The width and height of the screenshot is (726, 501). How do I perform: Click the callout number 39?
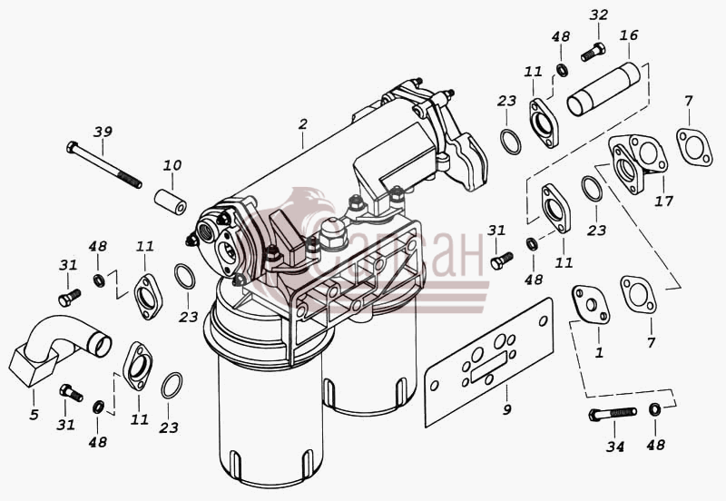[103, 132]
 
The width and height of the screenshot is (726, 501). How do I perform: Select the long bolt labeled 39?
[104, 165]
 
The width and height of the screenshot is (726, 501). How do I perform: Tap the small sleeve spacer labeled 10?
[171, 201]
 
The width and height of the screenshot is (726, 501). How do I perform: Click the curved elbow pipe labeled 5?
[59, 349]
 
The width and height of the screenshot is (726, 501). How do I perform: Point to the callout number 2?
[303, 124]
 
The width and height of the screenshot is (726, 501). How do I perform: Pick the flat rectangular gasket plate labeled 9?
[489, 361]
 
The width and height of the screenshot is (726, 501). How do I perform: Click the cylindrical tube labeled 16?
[603, 89]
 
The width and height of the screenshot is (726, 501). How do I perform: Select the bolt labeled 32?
[594, 52]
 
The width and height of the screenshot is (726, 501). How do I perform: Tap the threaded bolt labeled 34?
[613, 414]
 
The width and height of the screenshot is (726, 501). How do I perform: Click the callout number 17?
[663, 201]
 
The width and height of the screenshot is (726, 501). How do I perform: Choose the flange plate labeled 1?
[591, 304]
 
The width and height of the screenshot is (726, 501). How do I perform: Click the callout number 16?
[629, 35]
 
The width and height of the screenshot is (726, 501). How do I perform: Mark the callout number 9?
[507, 409]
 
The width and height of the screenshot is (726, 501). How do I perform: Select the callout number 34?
[615, 447]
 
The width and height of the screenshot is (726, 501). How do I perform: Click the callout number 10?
[172, 165]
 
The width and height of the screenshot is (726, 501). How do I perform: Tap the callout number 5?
[34, 415]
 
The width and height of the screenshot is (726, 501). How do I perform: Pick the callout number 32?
[598, 15]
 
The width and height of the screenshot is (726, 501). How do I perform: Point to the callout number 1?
[599, 353]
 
